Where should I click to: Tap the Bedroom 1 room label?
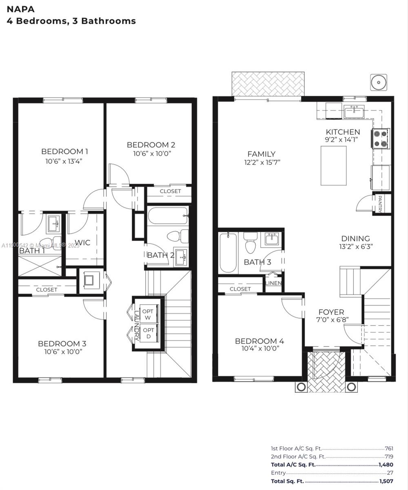[x=64, y=151]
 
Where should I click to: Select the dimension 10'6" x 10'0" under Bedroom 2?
[x=151, y=154]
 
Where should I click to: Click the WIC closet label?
[x=83, y=243]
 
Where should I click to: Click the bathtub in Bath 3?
[x=228, y=252]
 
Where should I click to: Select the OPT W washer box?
[x=148, y=314]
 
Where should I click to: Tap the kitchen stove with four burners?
[x=380, y=138]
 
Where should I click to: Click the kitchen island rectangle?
[x=333, y=165]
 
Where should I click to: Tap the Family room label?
[x=262, y=154]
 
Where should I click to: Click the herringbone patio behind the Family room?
[x=268, y=84]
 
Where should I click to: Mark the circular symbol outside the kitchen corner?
[x=379, y=82]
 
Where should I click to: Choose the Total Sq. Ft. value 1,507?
[x=386, y=481]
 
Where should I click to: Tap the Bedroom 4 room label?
[x=259, y=341]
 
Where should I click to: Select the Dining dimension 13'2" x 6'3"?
[x=356, y=247]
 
